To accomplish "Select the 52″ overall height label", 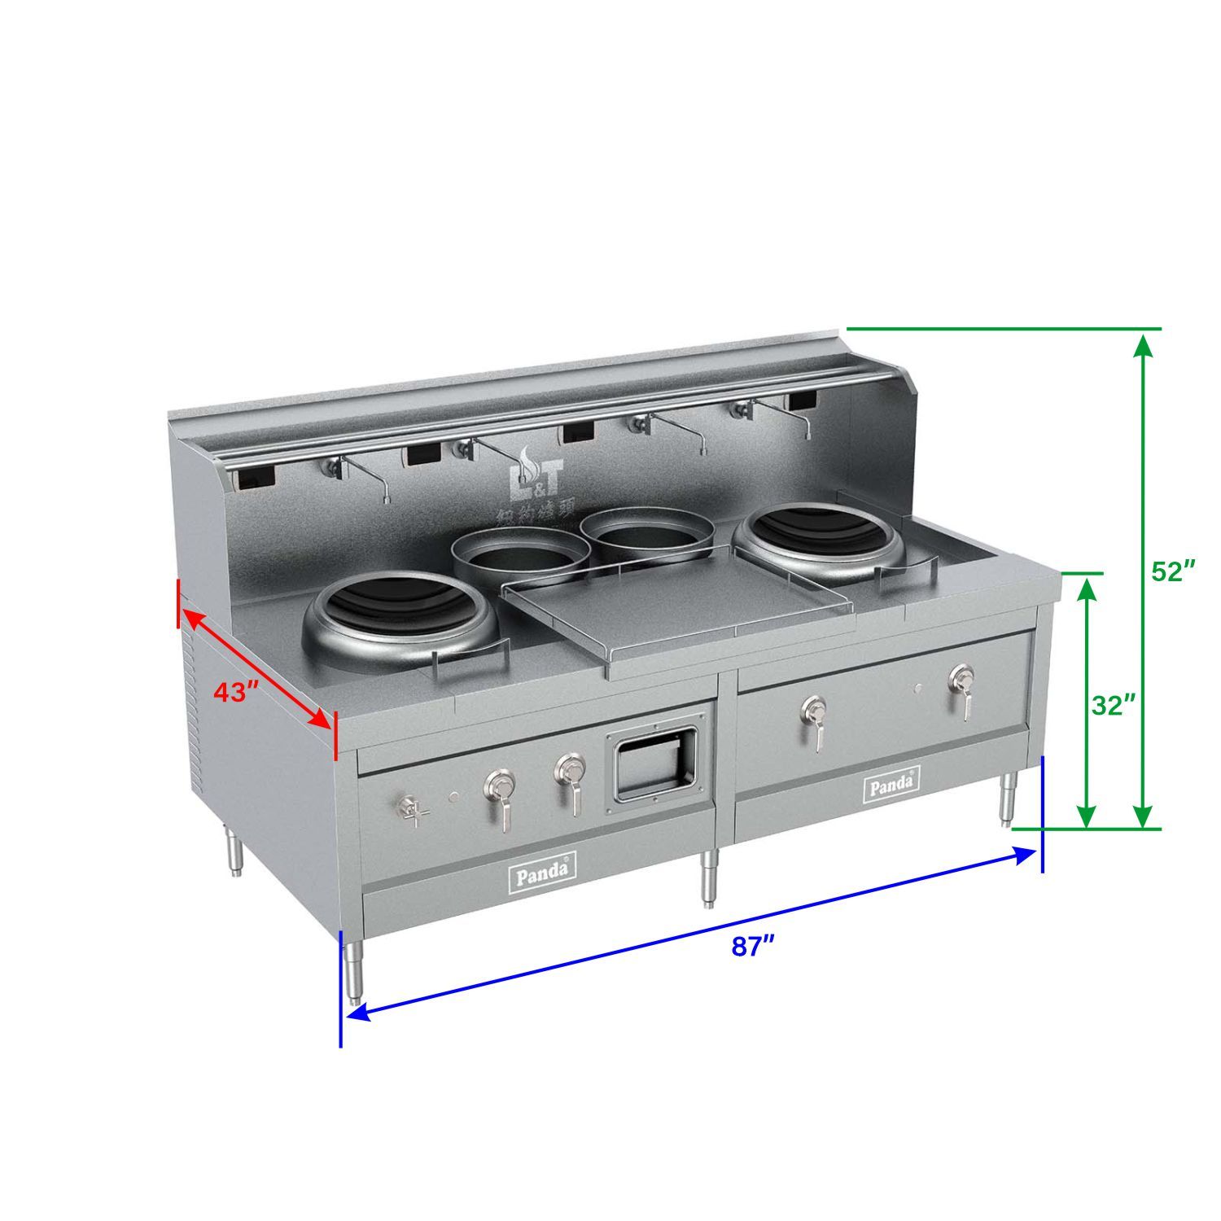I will (1173, 571).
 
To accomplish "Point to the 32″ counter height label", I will (1113, 705).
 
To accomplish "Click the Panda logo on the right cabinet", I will (893, 786).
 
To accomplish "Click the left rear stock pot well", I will (521, 555).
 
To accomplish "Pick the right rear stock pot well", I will (647, 533).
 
